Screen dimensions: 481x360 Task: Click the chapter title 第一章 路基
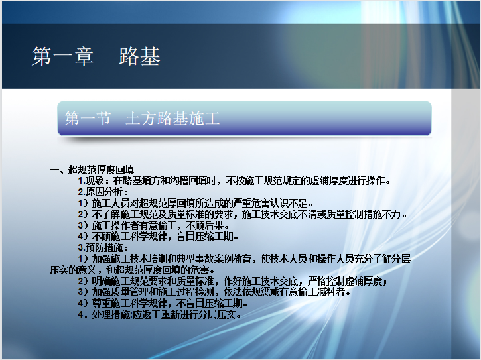click(96, 56)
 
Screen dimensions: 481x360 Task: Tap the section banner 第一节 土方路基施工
click(244, 119)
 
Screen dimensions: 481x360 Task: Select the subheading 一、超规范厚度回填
click(92, 170)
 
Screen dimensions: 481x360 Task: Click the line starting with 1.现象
click(234, 180)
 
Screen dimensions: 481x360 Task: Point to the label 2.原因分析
click(102, 192)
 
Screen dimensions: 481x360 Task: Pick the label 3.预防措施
click(102, 247)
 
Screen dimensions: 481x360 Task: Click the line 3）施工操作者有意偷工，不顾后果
click(154, 225)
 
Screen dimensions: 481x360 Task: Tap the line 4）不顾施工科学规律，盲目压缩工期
click(159, 237)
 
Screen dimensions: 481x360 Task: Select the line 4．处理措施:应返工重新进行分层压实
click(159, 314)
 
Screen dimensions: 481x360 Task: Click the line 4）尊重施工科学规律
click(163, 303)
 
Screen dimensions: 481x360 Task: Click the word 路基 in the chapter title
click(139, 56)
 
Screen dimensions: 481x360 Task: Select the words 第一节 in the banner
click(88, 119)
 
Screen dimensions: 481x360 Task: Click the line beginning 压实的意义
click(133, 270)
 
